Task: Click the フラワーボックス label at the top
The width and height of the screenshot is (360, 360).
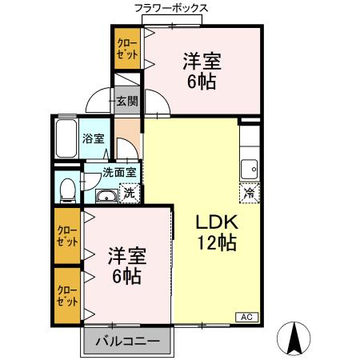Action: pyautogui.click(x=170, y=7)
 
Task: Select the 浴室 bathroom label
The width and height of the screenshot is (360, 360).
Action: pyautogui.click(x=93, y=138)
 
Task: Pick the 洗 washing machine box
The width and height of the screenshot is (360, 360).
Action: pyautogui.click(x=129, y=193)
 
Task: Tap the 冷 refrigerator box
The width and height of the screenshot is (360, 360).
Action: pyautogui.click(x=250, y=193)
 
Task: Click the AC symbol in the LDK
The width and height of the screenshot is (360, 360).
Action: pyautogui.click(x=246, y=318)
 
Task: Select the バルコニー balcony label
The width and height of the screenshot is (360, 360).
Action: pyautogui.click(x=127, y=342)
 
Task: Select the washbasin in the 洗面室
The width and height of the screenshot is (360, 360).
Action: pyautogui.click(x=105, y=196)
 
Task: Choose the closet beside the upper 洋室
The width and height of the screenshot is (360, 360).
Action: pyautogui.click(x=126, y=48)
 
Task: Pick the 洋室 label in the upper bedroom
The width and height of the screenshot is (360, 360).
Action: pyautogui.click(x=202, y=62)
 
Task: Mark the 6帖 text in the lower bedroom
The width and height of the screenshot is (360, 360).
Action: pyautogui.click(x=126, y=276)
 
